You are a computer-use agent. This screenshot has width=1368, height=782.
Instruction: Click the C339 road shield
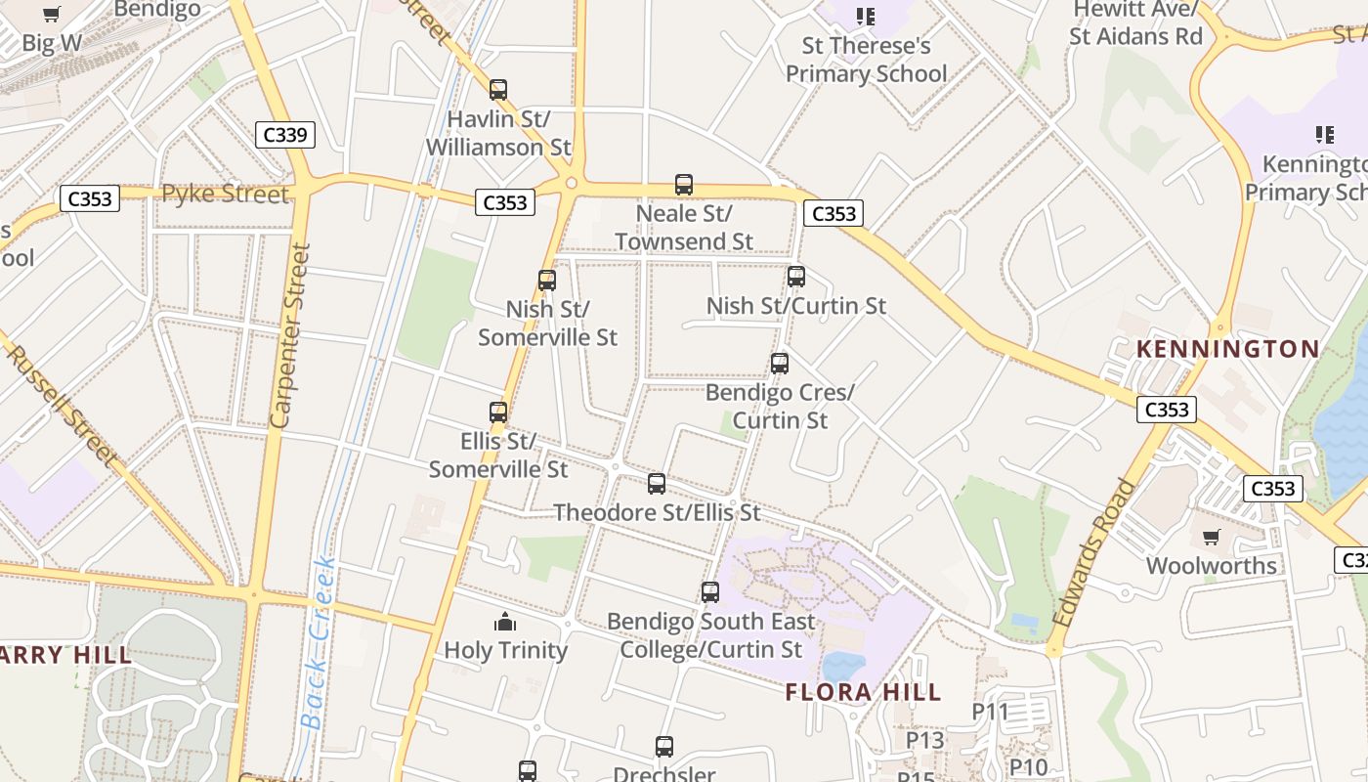point(285,135)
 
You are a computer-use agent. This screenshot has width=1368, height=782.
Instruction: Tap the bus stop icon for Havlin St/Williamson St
point(498,90)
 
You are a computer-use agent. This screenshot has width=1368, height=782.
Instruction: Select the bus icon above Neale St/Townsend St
point(684,185)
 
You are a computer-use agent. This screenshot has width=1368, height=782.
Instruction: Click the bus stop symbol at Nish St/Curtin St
point(796,277)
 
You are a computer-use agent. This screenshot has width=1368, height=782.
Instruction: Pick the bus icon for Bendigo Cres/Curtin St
point(780,364)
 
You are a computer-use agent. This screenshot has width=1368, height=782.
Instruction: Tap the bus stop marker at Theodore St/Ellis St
point(657,484)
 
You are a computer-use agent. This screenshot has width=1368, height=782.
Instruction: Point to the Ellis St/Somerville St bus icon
point(498,413)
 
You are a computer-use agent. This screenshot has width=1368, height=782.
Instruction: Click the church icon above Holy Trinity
point(505,622)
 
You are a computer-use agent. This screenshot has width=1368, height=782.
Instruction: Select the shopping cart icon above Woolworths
point(1212,537)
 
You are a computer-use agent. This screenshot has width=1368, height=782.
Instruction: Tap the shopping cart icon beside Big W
point(52,15)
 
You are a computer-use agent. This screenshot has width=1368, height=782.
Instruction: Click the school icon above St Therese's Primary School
point(866,17)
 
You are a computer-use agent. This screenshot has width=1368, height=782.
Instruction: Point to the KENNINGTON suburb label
point(1228,349)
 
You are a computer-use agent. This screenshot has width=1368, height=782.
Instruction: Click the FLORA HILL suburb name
point(863,693)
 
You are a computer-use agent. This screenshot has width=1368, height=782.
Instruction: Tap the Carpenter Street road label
point(289,335)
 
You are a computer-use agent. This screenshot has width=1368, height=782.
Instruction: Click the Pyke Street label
point(225,194)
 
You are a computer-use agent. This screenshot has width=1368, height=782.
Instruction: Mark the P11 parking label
point(990,712)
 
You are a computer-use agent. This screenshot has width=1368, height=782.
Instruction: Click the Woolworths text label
point(1212,565)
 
